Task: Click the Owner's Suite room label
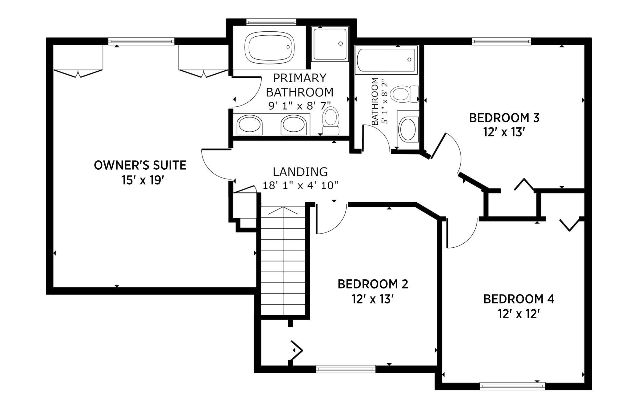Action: [140, 165]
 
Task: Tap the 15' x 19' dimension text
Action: [142, 180]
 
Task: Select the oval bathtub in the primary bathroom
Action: [269, 47]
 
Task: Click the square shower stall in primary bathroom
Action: [330, 44]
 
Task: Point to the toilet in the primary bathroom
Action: [331, 121]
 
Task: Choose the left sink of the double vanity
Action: [249, 125]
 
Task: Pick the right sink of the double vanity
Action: [294, 125]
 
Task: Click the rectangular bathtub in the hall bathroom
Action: [386, 60]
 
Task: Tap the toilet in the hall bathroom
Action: [404, 94]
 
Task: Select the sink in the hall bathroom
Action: [408, 129]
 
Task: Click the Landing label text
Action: [300, 171]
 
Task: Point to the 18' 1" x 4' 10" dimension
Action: [300, 186]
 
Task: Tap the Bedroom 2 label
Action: [373, 284]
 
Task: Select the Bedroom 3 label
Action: [504, 118]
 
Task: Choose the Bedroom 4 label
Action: [519, 299]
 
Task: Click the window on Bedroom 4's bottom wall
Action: [512, 385]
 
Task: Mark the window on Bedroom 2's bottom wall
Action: [346, 369]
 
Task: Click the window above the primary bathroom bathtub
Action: [271, 22]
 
